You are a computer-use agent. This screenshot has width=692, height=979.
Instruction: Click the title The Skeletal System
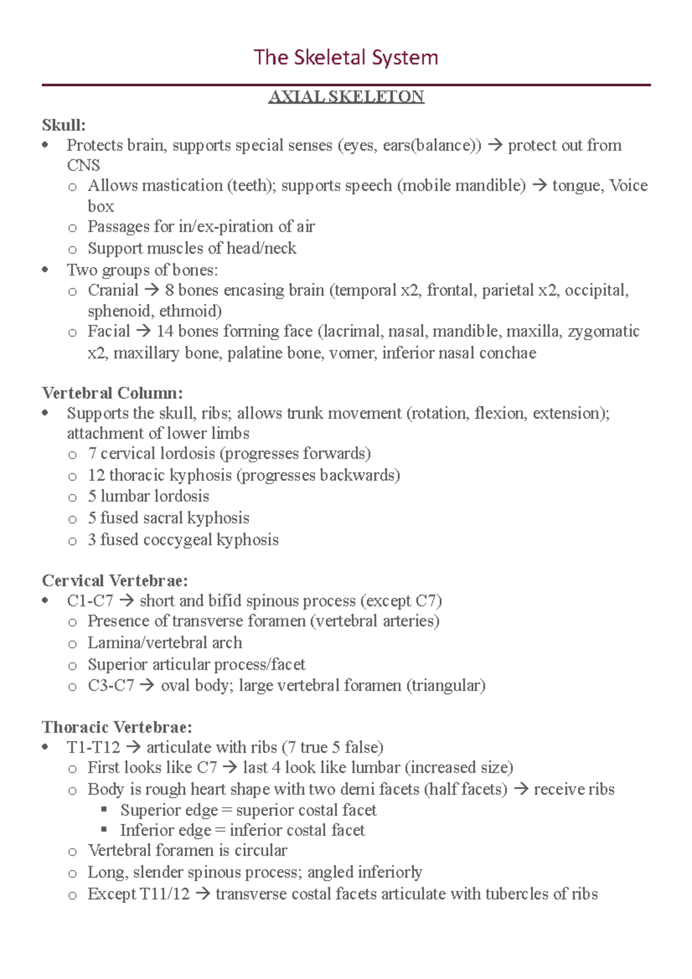(x=345, y=58)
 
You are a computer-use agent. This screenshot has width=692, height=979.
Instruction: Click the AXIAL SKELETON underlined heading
(x=346, y=96)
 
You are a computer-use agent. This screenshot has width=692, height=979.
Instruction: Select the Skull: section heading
(x=63, y=125)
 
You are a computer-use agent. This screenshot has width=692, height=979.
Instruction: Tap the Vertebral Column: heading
(x=112, y=393)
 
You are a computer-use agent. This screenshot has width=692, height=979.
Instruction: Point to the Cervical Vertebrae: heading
(x=115, y=580)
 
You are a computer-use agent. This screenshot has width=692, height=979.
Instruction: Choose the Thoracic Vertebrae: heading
(x=117, y=726)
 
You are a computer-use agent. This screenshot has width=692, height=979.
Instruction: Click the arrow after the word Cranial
(x=152, y=291)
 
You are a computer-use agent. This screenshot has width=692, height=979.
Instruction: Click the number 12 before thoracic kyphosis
(x=96, y=475)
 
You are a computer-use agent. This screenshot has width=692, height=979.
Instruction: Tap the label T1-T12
(x=93, y=747)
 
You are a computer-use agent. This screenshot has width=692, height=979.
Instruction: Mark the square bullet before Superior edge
(x=104, y=809)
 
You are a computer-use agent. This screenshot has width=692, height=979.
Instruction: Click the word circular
(x=261, y=850)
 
